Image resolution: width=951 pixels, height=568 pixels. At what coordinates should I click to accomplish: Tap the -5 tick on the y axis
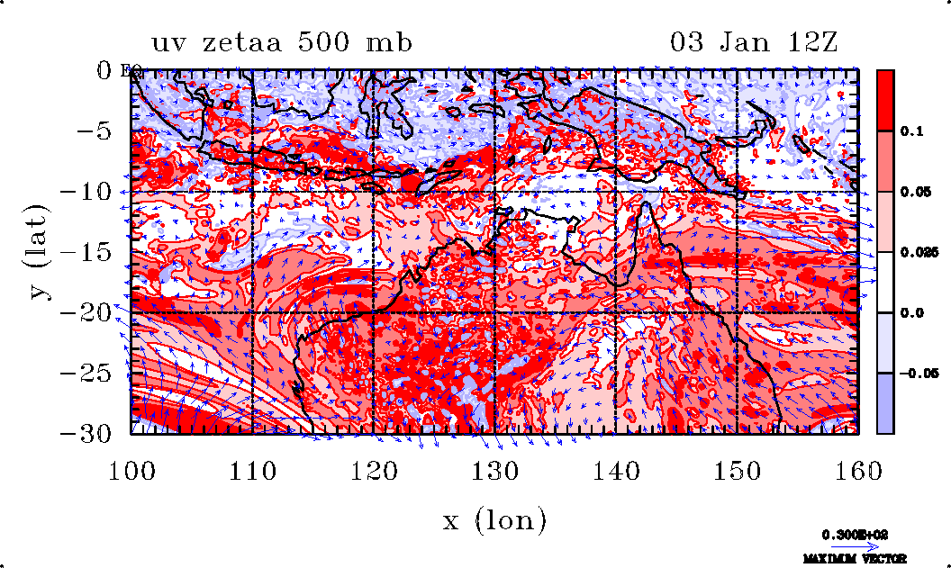101,131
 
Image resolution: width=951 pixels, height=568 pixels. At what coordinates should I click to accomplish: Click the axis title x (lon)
494,519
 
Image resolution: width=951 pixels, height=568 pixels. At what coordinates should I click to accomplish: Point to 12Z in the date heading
811,43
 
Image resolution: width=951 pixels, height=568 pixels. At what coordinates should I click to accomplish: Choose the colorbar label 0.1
911,131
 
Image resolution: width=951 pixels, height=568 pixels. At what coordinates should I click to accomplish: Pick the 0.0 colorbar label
911,313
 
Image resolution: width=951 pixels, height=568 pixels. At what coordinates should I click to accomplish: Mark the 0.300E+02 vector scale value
855,534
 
